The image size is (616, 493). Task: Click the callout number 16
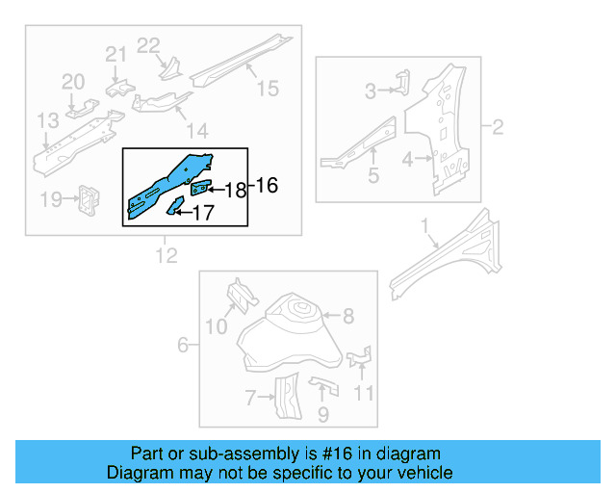pos(267,185)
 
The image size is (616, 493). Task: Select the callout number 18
pos(235,191)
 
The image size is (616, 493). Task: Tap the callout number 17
pos(202,213)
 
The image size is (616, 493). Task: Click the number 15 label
pos(267,89)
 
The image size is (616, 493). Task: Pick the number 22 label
pos(148,44)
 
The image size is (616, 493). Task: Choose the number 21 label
pos(115,54)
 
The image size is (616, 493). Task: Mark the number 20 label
pos(74,83)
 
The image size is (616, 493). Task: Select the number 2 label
pos(497,126)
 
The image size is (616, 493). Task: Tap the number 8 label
pos(347,315)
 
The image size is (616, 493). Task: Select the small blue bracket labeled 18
pos(202,186)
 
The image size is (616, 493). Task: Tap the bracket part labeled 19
pos(90,198)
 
